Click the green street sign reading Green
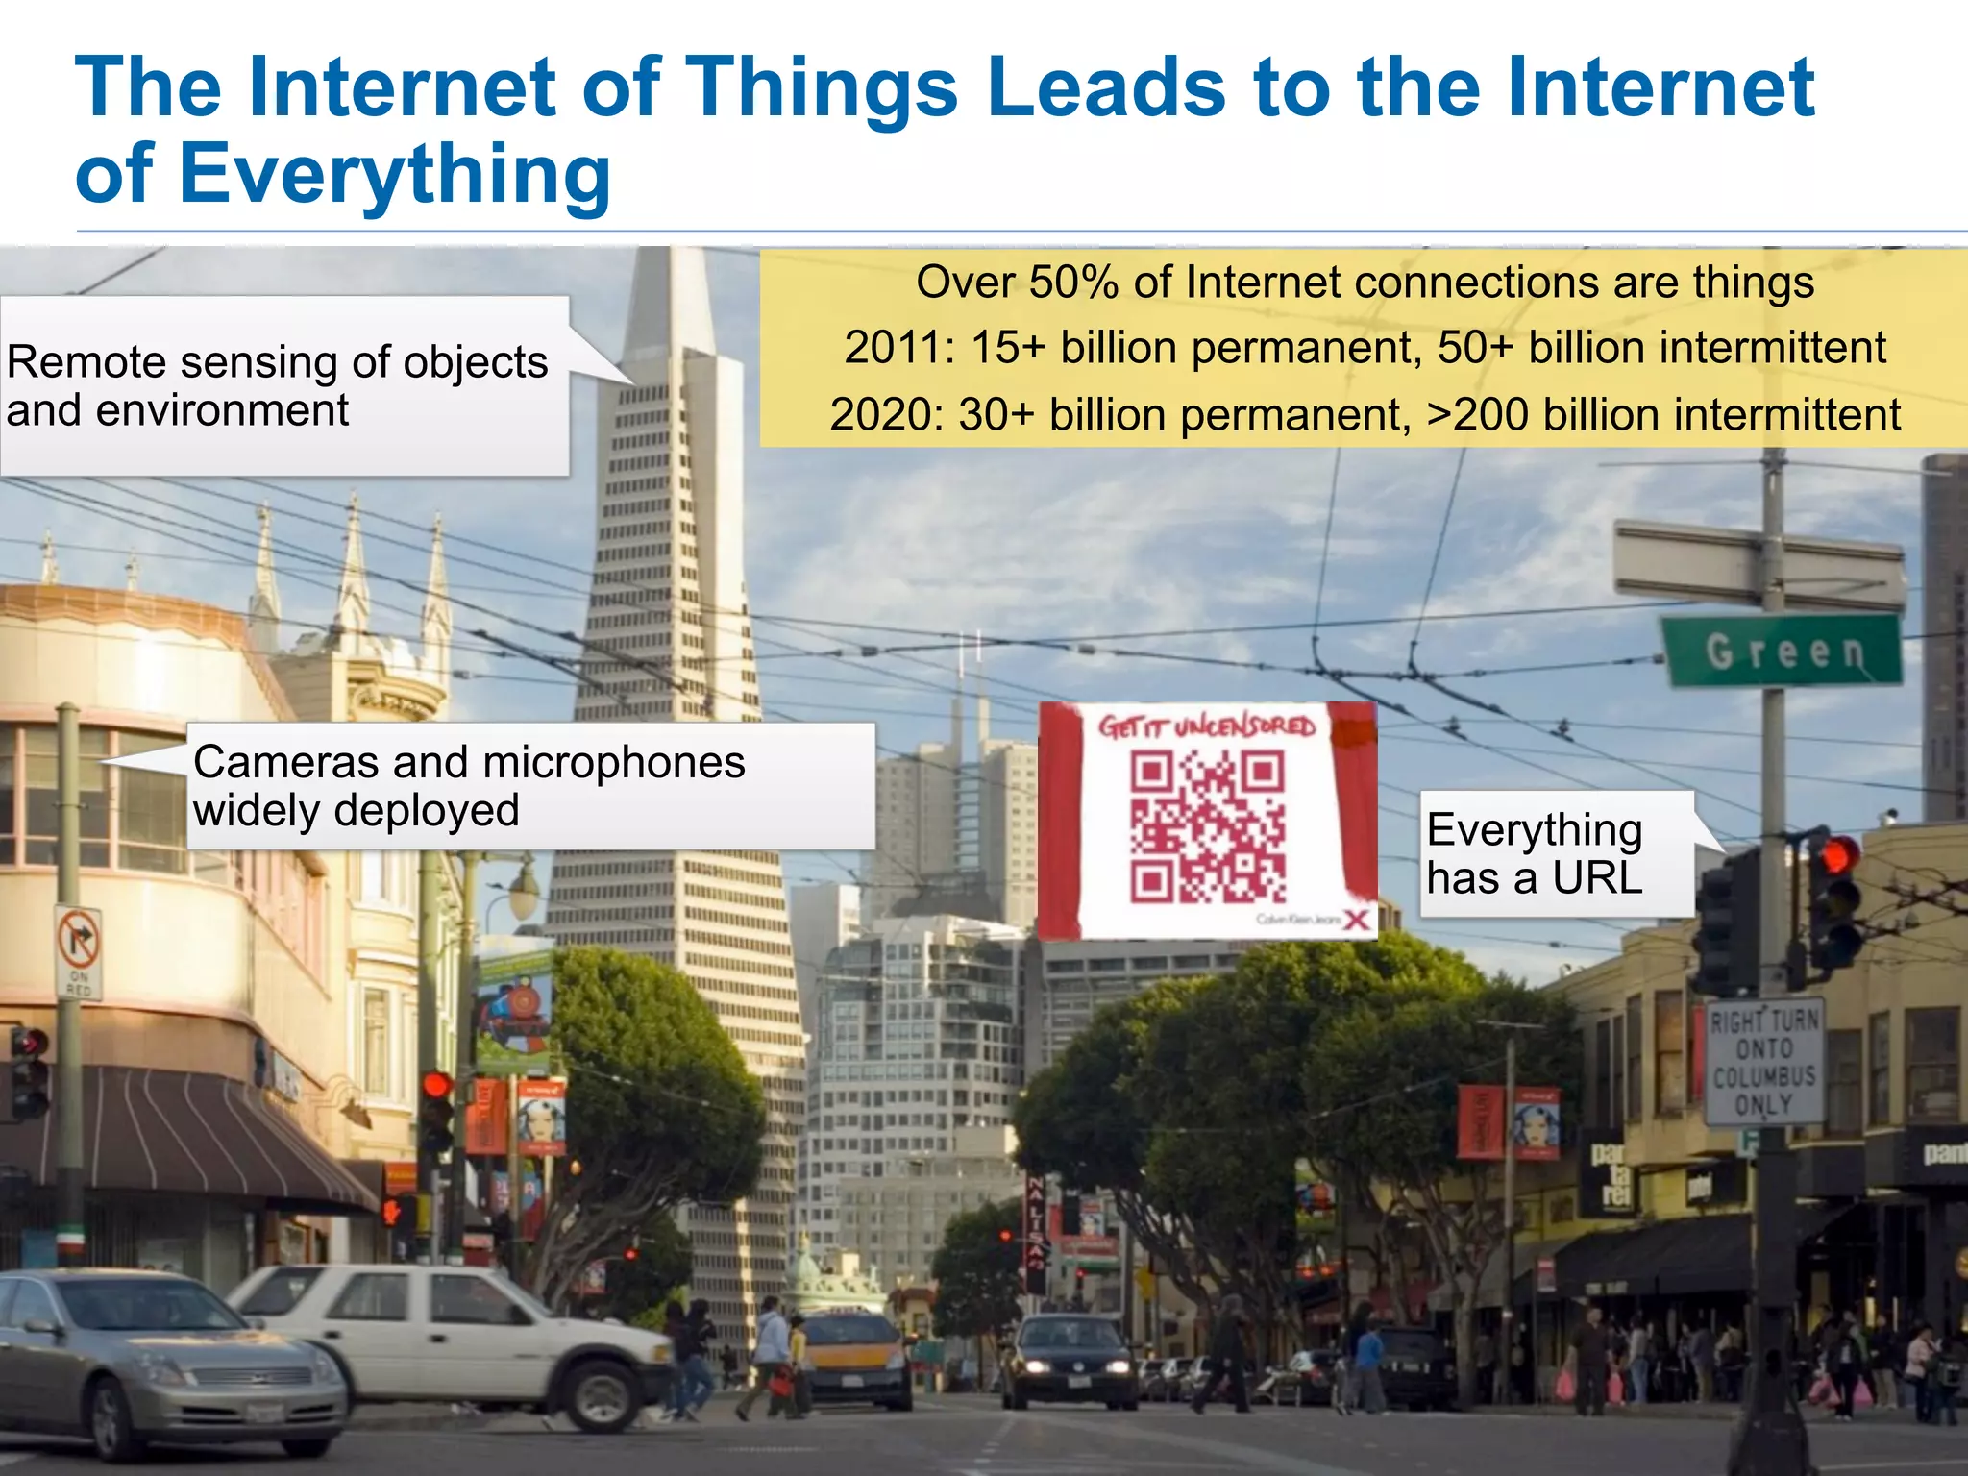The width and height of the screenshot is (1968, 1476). point(1783,652)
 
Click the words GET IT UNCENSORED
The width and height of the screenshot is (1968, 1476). point(1207,726)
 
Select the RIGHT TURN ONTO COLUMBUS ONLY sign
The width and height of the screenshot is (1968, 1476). point(1764,1062)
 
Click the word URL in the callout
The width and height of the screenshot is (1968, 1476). point(1597,877)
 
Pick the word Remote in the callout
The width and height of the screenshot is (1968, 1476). point(86,363)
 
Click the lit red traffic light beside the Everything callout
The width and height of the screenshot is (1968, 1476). point(1838,854)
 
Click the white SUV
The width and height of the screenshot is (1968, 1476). point(452,1341)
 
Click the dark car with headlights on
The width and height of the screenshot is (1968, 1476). point(1067,1361)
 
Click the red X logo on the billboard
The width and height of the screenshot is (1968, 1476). point(1356,920)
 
